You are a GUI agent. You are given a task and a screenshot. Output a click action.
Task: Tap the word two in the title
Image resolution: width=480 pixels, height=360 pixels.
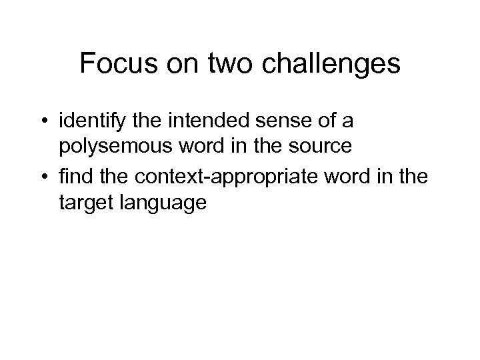point(226,64)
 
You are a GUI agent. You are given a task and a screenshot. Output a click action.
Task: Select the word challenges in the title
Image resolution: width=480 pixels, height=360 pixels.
point(328,65)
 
